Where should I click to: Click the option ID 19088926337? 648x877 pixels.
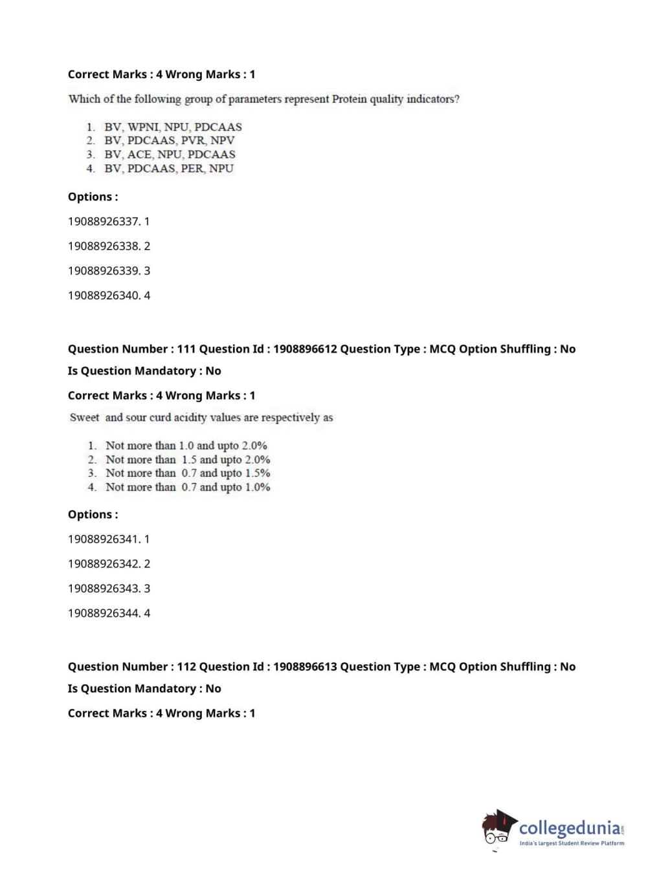(x=104, y=221)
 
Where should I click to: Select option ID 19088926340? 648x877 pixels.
(x=104, y=295)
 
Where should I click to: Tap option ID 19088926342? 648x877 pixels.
(x=104, y=563)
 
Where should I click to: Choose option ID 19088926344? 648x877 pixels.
(x=104, y=612)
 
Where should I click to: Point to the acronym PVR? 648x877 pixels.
(x=193, y=140)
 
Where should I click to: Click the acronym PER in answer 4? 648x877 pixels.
(x=192, y=168)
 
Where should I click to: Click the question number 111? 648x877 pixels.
(x=186, y=349)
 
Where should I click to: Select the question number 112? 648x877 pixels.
(x=186, y=667)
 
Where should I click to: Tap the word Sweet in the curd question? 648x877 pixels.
(x=85, y=417)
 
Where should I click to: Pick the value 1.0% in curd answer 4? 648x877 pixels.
(x=258, y=487)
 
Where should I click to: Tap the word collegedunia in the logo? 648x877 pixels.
(x=570, y=828)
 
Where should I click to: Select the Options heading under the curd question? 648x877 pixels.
(x=93, y=514)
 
